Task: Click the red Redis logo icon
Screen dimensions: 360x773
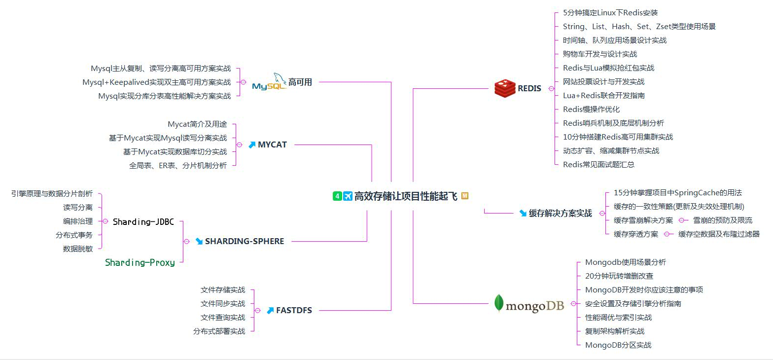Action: (x=505, y=89)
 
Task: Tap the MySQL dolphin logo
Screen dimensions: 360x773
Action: (x=269, y=82)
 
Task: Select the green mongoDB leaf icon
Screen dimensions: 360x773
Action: (x=499, y=303)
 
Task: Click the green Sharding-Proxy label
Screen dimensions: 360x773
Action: (x=140, y=263)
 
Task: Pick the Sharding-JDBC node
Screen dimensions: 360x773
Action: (x=143, y=222)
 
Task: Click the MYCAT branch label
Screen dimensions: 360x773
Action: (x=272, y=145)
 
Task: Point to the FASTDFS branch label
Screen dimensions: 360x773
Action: (x=294, y=311)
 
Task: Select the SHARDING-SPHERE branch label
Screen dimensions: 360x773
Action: (x=245, y=242)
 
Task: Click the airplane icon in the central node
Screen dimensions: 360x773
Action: (x=348, y=196)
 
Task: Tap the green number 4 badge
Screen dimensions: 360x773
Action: (x=337, y=196)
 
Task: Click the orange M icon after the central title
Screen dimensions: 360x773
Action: (x=465, y=196)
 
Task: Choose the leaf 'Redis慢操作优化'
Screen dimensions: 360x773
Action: (x=591, y=109)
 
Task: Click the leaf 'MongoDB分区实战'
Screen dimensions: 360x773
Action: (x=618, y=345)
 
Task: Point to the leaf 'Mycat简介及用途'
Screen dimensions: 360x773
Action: (x=197, y=125)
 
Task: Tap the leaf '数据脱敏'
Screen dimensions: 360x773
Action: (x=78, y=249)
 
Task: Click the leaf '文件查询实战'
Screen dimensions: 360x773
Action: (x=223, y=318)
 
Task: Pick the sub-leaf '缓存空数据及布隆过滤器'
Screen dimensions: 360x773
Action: (x=719, y=234)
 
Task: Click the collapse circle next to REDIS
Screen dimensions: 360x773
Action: (x=551, y=89)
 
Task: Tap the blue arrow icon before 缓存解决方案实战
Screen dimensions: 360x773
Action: (x=523, y=214)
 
